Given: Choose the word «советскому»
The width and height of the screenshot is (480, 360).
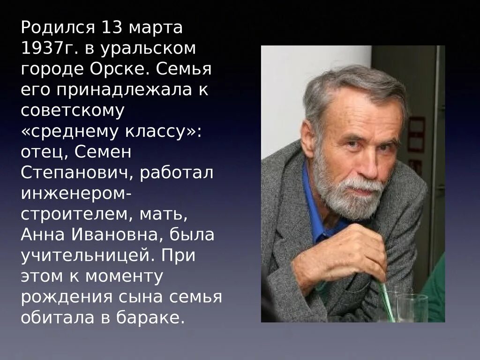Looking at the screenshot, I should [x=73, y=111].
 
